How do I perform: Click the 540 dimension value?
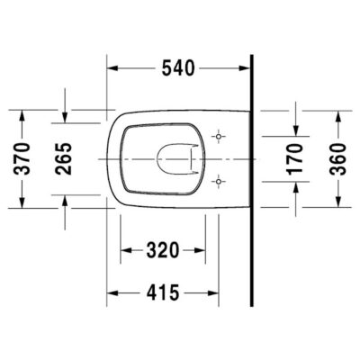point(178,68)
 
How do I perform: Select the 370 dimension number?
point(22,158)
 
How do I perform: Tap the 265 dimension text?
point(64,158)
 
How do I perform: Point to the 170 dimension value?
point(295,159)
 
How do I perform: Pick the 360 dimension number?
point(337,159)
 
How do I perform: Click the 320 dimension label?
point(163,250)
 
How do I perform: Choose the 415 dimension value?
point(163,292)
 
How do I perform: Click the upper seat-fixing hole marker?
point(219,137)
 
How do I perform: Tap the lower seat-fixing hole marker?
point(219,182)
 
